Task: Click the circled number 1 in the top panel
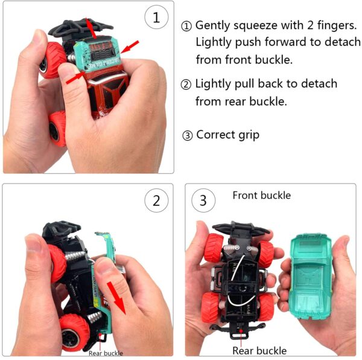pyautogui.click(x=156, y=18)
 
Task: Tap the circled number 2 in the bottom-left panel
pyautogui.click(x=156, y=201)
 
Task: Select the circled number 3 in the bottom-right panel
pyautogui.click(x=203, y=201)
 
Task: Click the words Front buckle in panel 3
pyautogui.click(x=262, y=196)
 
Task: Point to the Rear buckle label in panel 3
pyautogui.click(x=259, y=350)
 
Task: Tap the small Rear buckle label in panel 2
pyautogui.click(x=106, y=353)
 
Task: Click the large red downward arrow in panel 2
pyautogui.click(x=117, y=298)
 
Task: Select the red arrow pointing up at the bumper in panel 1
pyautogui.click(x=91, y=28)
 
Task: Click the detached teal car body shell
pyautogui.click(x=311, y=275)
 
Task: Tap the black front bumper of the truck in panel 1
pyautogui.click(x=81, y=28)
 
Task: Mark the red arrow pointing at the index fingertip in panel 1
pyautogui.click(x=75, y=78)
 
